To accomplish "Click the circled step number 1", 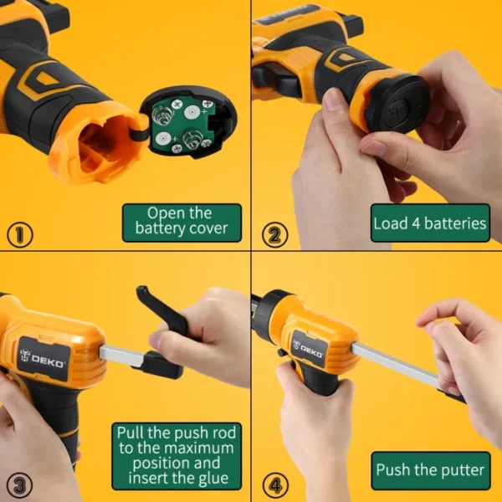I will click(x=19, y=234).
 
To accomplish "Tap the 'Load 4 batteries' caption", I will click(x=430, y=223).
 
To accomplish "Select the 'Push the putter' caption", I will click(x=430, y=470).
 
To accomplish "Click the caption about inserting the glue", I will click(x=176, y=456).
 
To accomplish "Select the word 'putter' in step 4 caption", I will click(x=460, y=470).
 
